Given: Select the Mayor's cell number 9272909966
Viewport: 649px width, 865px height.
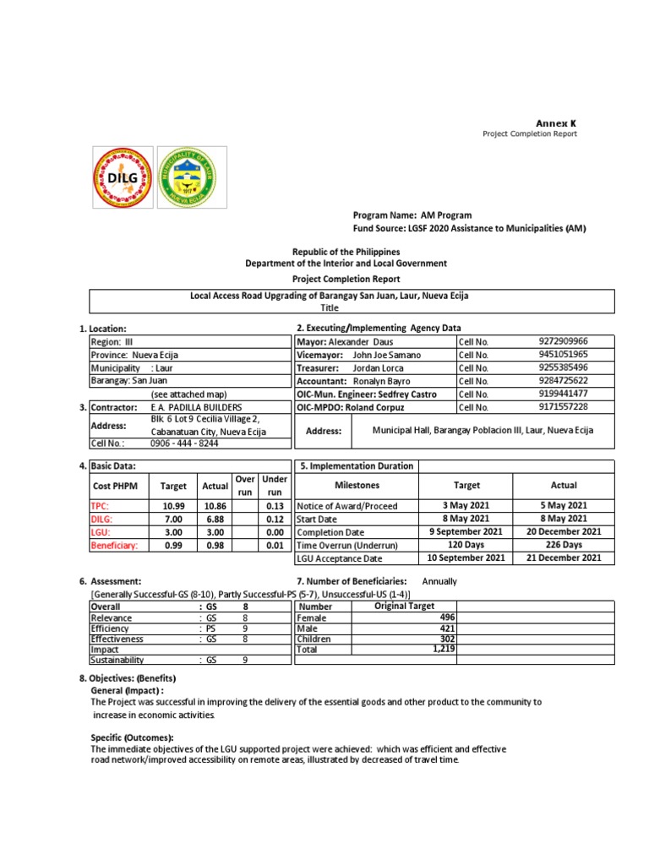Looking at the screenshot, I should pos(563,341).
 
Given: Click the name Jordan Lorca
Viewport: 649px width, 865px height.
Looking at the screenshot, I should pos(378,368).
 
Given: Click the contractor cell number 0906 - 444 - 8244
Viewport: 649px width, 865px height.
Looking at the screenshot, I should pos(184,443).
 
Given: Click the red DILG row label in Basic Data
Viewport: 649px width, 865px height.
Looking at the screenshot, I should pos(102,519).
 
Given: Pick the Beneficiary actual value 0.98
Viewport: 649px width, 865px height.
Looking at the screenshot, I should pos(215,546).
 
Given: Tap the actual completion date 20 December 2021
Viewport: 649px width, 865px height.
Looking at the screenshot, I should pos(564,532).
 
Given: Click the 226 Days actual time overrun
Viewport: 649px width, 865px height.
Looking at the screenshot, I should pos(564,546).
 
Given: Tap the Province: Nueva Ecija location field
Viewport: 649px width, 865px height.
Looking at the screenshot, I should pos(134,356).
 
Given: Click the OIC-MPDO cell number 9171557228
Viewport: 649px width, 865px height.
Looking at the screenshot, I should pos(563,407).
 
